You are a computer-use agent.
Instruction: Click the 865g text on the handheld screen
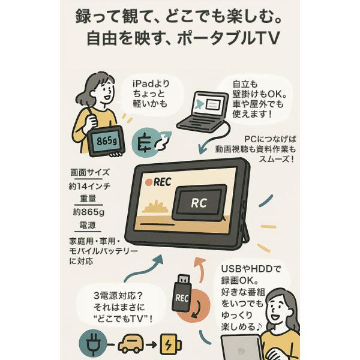tap(106, 141)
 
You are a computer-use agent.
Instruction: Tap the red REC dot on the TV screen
tap(149, 182)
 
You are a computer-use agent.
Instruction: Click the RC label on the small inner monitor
tap(199, 203)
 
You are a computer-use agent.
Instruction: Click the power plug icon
tap(93, 344)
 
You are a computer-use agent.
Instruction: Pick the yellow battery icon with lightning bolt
tap(170, 344)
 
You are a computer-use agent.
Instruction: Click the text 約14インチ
tap(89, 186)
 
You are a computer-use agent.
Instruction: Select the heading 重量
tap(88, 199)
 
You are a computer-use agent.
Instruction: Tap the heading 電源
tap(88, 225)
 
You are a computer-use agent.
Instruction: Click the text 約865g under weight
tap(89, 212)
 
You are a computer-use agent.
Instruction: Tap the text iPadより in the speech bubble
tap(151, 83)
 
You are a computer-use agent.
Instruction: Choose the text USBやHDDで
tap(251, 269)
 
